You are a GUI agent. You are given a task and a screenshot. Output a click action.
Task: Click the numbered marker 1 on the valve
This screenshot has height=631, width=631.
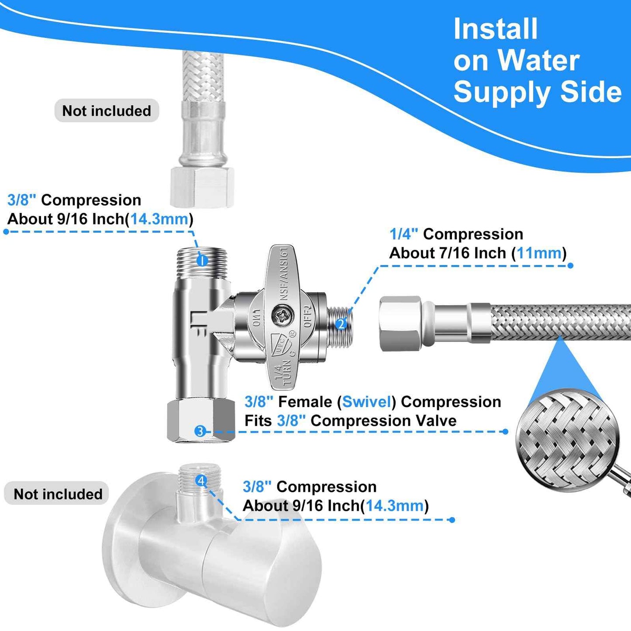(202, 261)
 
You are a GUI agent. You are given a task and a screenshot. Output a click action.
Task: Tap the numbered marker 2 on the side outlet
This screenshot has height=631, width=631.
(341, 324)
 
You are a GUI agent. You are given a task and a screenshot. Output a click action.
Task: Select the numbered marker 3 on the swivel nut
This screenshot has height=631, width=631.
(200, 431)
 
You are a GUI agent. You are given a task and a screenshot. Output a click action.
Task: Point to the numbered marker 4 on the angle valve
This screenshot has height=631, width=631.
(201, 481)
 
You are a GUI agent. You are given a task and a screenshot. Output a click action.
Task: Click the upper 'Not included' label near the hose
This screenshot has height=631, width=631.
(107, 111)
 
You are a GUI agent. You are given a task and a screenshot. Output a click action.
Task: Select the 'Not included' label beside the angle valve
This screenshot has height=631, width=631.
(58, 494)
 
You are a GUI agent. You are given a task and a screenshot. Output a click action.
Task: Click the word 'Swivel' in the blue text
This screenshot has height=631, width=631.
(366, 402)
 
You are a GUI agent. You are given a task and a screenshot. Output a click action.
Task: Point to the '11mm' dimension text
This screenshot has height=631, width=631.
(539, 253)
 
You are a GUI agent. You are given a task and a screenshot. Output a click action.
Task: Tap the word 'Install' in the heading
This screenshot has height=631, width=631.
(495, 29)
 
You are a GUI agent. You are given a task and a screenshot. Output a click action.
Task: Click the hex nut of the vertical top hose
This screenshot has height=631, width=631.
(202, 187)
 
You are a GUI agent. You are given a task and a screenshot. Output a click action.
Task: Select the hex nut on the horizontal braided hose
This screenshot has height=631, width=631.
(400, 324)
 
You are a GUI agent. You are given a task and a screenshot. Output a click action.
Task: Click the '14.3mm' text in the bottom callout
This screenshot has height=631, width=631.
(394, 506)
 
